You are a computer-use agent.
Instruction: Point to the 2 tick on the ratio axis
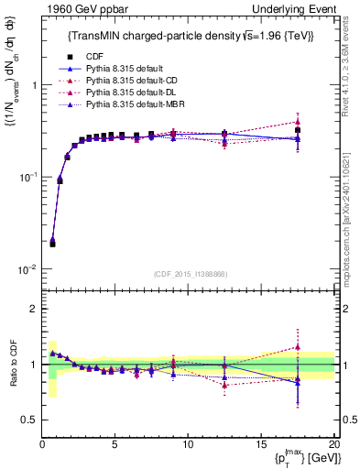[33, 309]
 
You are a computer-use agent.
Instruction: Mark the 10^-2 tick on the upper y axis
[27, 269]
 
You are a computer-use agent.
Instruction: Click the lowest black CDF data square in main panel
[52, 244]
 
